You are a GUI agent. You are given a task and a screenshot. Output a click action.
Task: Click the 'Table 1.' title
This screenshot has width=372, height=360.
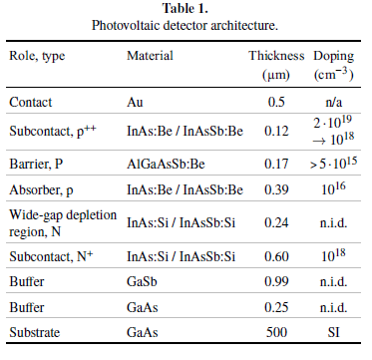(x=186, y=8)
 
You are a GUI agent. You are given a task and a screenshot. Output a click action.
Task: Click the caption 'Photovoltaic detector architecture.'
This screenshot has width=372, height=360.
(x=185, y=25)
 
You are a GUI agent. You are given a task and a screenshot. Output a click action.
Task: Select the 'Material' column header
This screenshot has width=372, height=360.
(x=150, y=56)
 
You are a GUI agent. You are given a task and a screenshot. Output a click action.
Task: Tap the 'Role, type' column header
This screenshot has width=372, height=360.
(x=37, y=56)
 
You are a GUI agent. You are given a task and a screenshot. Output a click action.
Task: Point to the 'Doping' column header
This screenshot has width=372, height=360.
(x=334, y=57)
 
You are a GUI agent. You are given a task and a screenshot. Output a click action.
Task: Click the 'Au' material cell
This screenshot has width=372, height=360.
(x=135, y=102)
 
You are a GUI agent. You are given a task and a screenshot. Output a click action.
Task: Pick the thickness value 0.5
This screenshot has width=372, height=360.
(x=276, y=102)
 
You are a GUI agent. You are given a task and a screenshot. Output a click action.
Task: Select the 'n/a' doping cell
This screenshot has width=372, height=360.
(x=333, y=102)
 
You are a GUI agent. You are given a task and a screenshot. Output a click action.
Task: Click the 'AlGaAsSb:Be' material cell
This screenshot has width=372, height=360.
(x=166, y=164)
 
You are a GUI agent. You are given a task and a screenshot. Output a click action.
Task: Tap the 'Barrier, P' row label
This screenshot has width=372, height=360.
(x=36, y=164)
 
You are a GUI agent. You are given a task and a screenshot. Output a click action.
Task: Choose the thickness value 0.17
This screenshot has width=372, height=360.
(x=276, y=164)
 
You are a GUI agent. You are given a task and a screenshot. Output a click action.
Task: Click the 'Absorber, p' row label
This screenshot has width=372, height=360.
(x=40, y=189)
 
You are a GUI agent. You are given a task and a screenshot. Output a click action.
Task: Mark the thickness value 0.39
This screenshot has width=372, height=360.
(x=276, y=189)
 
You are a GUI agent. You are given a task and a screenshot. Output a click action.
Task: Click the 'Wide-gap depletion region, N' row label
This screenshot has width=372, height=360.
(x=63, y=223)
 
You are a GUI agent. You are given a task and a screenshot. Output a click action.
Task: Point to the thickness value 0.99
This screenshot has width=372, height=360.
(x=276, y=282)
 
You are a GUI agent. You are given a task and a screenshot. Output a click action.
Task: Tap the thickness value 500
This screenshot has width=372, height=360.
(x=276, y=332)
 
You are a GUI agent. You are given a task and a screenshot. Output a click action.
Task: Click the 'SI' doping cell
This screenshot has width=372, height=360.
(x=333, y=332)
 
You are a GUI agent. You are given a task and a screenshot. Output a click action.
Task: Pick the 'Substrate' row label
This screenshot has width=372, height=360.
(x=35, y=332)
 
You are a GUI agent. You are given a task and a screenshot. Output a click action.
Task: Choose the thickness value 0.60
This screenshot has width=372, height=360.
(x=276, y=256)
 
